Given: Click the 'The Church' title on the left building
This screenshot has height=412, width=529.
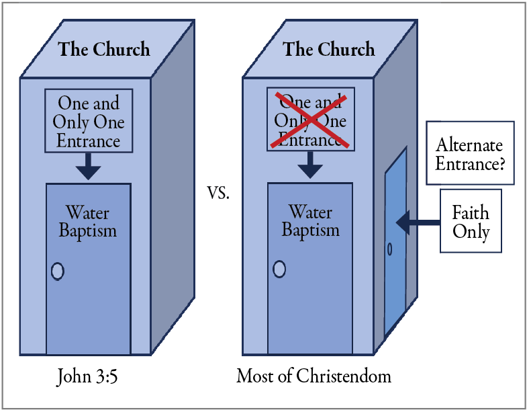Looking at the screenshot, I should pos(103,50).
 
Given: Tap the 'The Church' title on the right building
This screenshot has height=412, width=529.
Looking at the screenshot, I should pos(328,50).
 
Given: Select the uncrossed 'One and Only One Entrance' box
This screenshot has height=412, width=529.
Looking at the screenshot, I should pos(89,122).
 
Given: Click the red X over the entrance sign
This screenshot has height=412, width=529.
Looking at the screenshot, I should pos(311,121).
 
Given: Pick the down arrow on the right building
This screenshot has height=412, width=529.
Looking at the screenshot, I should pos(310,165).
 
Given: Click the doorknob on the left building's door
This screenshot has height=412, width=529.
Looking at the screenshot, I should pos(58,272).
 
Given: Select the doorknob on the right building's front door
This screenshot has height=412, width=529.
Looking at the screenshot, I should pos(279,270).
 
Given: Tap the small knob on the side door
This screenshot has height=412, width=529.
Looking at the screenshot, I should pos(390,249).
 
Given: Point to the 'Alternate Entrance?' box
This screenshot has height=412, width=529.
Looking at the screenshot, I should pos(470,153).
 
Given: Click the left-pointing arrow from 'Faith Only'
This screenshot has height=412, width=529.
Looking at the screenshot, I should pos(417,220).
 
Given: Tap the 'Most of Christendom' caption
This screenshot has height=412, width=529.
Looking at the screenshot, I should pos(314,376).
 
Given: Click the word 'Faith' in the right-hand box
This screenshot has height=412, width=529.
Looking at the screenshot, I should pos(471,213).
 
